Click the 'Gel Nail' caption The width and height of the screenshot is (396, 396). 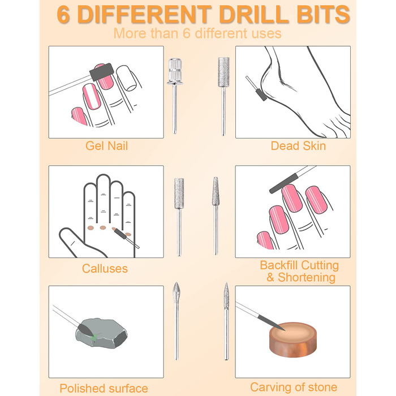(106, 146)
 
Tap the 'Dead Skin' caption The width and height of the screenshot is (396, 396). (298, 146)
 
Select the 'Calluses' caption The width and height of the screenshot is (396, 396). (105, 269)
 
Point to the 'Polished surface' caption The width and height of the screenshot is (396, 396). (104, 388)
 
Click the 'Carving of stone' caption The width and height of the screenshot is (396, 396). (294, 387)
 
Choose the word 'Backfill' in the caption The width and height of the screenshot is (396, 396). (279, 265)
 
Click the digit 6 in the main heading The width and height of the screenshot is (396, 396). (63, 15)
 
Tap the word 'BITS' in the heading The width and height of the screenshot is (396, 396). (323, 15)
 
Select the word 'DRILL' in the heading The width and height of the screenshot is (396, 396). (254, 15)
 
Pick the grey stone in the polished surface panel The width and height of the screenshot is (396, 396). (101, 333)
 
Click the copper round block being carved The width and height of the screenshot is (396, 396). (292, 339)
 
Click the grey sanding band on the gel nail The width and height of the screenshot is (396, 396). (101, 72)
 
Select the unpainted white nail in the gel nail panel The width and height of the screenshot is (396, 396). (127, 78)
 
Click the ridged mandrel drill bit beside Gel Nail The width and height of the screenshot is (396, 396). (174, 96)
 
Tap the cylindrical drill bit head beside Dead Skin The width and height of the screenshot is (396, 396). (224, 72)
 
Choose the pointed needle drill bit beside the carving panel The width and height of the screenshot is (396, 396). (226, 321)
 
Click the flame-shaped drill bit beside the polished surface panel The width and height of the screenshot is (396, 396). (177, 321)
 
